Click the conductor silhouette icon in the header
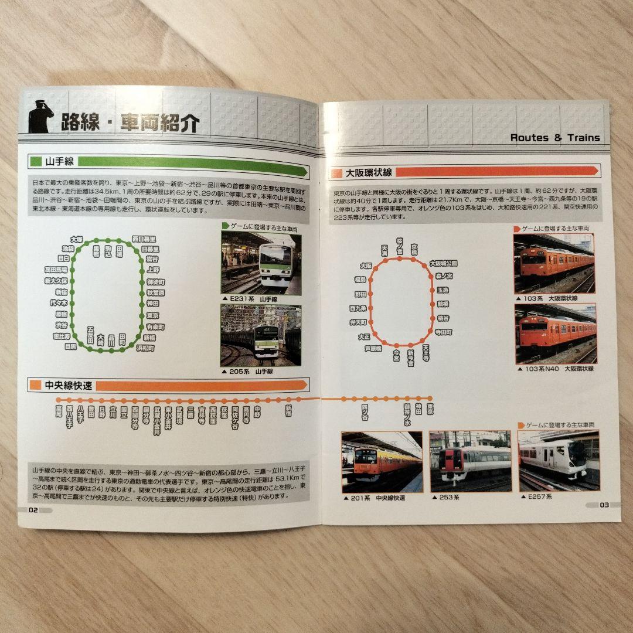tap(40, 117)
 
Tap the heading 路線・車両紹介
tap(130, 123)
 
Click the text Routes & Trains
tap(554, 138)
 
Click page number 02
tap(33, 509)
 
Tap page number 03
tap(604, 505)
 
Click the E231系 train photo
tap(261, 262)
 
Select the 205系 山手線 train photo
tap(260, 335)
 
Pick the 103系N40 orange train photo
tap(555, 333)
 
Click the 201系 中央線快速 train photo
tap(382, 462)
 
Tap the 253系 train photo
tap(470, 461)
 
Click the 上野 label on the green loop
tap(153, 270)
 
